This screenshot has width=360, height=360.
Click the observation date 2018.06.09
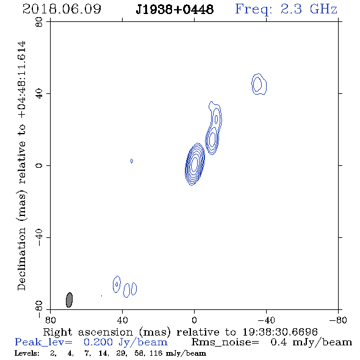pos(62,9)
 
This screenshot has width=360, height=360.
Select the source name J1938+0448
pos(175,10)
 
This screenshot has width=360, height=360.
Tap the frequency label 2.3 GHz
pos(309,9)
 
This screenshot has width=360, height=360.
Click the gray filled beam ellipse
pos(69,300)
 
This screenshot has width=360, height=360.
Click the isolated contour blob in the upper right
pos(259,84)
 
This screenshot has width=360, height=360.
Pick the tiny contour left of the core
pos(132,161)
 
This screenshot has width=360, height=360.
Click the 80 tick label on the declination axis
pos(39,22)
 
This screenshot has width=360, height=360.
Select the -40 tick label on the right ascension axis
pos(266,320)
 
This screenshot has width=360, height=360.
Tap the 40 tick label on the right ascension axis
pos(122,320)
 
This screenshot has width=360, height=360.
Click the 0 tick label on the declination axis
pos(39,165)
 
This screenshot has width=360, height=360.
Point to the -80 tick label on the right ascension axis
pos(338,320)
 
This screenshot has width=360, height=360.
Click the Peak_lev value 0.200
pos(98,342)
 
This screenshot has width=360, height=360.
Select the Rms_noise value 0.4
pos(279,342)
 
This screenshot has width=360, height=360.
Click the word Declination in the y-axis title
pos(21,259)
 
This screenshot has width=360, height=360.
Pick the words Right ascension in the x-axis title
pos(88,332)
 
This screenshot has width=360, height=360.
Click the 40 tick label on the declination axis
pos(39,94)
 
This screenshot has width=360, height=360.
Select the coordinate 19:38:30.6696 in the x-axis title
pos(280,332)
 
